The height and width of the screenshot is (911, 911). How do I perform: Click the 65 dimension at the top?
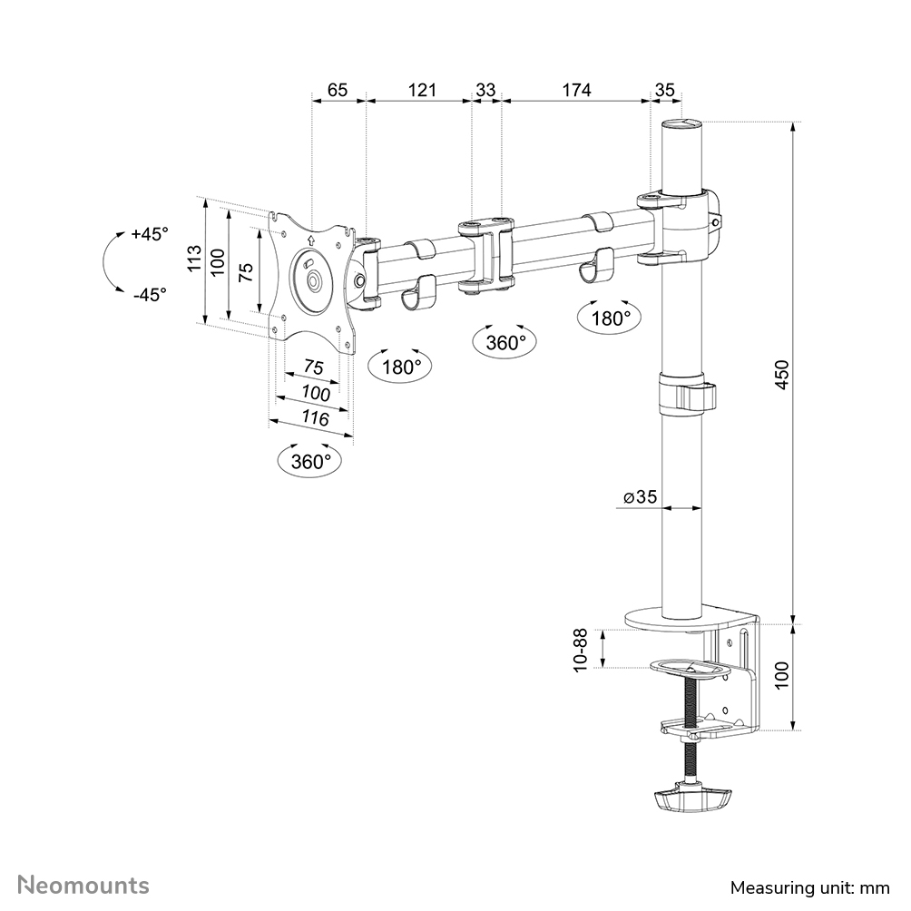338,90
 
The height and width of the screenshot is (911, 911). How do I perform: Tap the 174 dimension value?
576,90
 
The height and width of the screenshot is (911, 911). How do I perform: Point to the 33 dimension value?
486,90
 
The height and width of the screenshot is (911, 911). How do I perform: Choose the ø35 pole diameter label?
640,497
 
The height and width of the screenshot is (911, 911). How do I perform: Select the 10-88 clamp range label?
581,650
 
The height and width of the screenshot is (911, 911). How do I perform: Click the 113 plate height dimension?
194,260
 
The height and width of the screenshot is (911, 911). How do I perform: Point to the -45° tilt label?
150,294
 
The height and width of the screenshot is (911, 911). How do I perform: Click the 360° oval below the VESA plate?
311,461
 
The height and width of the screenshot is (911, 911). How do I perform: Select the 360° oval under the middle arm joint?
505,342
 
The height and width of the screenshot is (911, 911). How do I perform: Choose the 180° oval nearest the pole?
611,318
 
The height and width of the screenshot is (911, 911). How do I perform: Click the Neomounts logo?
84,885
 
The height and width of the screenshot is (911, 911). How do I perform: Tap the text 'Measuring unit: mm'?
810,887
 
